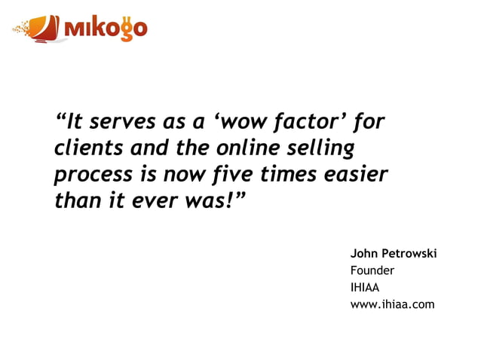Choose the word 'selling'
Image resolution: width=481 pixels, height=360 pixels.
317,149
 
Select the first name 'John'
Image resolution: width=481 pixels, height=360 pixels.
365,254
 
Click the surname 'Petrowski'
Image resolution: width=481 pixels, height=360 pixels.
411,254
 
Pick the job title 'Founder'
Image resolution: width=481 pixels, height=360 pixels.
372,270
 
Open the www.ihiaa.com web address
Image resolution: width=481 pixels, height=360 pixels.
392,304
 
